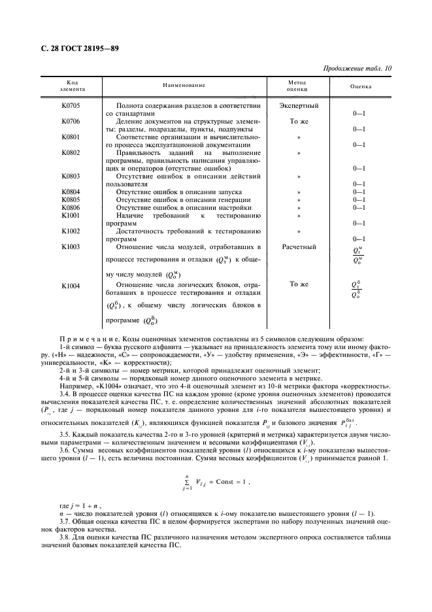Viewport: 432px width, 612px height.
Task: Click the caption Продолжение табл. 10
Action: tap(357, 68)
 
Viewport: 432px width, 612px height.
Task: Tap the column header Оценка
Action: tap(361, 86)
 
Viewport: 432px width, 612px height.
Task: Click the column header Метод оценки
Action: tap(298, 86)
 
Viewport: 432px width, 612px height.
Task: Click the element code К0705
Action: tap(71, 105)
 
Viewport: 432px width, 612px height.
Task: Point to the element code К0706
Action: tap(71, 121)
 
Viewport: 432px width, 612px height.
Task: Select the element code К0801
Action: tap(71, 137)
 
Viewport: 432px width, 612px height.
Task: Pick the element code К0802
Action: tap(71, 152)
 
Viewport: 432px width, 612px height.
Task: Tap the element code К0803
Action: tap(71, 176)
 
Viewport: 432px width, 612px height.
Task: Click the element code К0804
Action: tap(71, 192)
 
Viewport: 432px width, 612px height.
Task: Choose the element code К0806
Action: tap(71, 207)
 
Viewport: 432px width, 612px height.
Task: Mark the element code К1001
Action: tap(71, 215)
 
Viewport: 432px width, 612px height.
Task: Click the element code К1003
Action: tap(71, 246)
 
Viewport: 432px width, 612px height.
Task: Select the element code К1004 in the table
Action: tap(71, 285)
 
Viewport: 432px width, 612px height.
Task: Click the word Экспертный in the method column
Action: tap(299, 105)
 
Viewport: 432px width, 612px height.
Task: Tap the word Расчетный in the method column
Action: tap(299, 246)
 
